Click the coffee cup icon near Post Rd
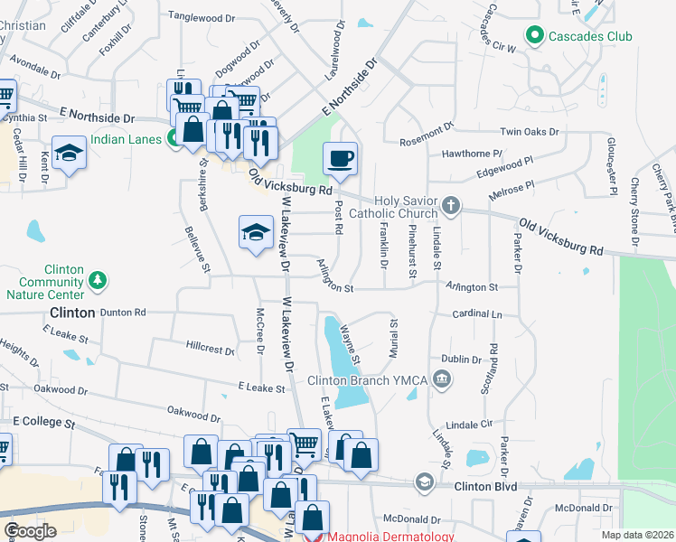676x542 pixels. pyautogui.click(x=340, y=159)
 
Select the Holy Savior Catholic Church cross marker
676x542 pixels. pyautogui.click(x=450, y=207)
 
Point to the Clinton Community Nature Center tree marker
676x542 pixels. pyautogui.click(x=99, y=282)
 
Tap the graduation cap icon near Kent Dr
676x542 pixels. pyautogui.click(x=69, y=154)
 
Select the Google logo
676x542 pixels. pyautogui.click(x=30, y=531)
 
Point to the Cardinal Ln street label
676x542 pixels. pyautogui.click(x=477, y=314)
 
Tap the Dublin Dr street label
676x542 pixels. pyautogui.click(x=463, y=360)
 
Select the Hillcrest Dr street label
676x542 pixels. pyautogui.click(x=210, y=348)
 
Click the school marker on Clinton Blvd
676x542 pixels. pyautogui.click(x=424, y=483)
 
